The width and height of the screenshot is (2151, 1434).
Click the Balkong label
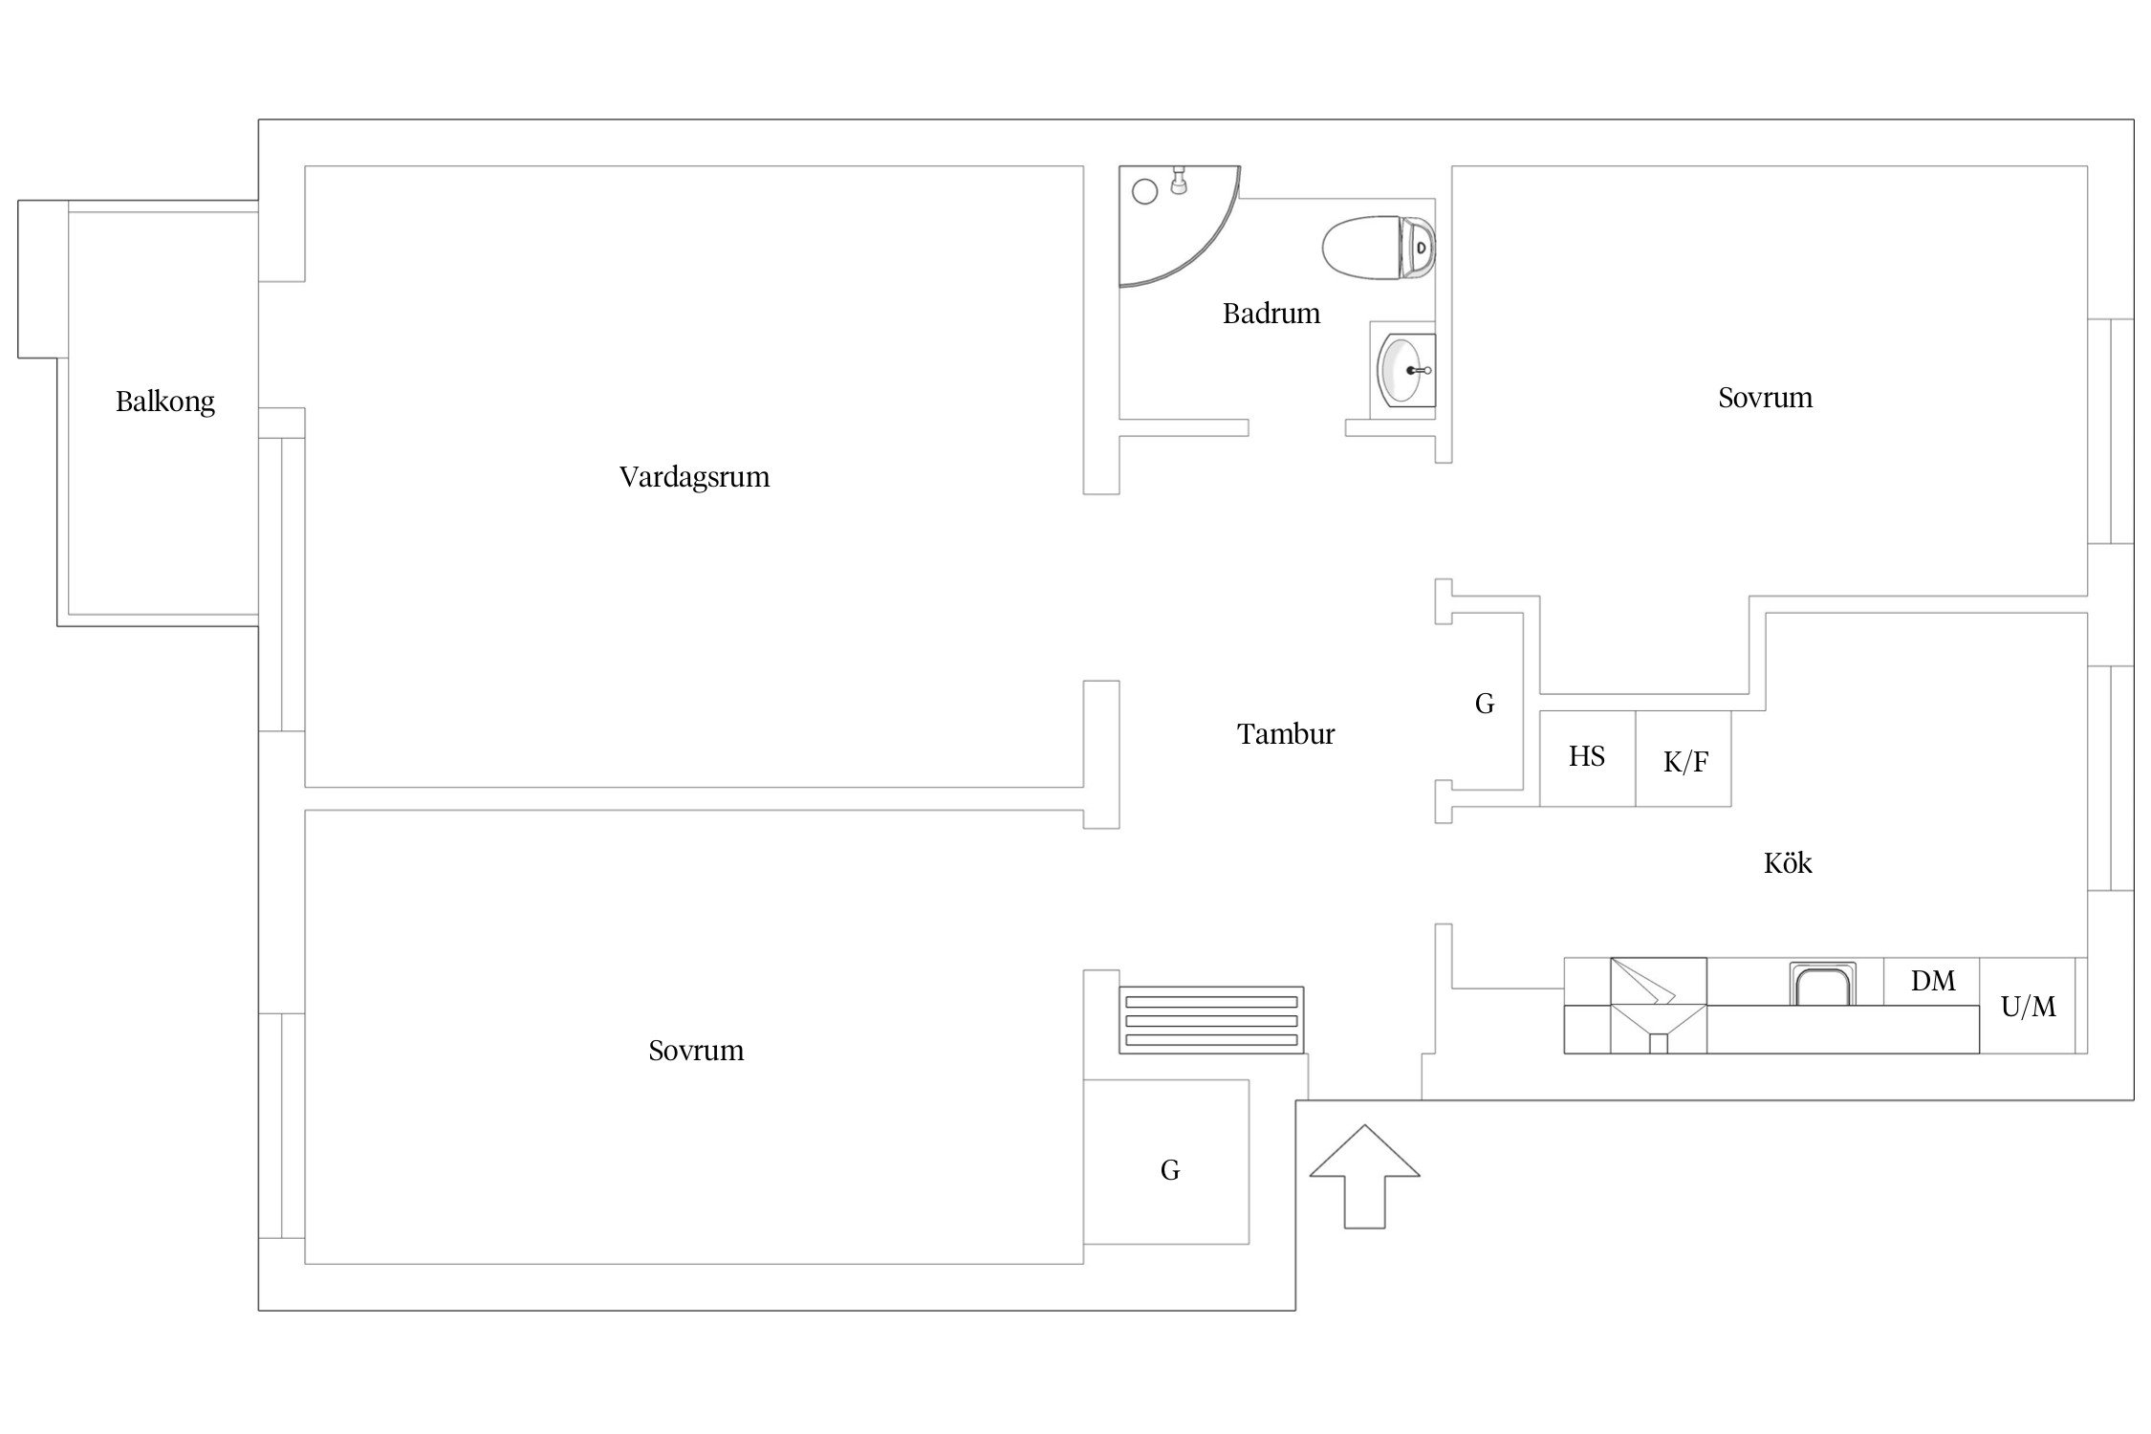(x=165, y=402)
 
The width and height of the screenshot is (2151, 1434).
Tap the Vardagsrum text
(x=694, y=477)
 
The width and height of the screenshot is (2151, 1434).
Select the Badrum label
(x=1271, y=314)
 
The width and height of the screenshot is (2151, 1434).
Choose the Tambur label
(x=1286, y=734)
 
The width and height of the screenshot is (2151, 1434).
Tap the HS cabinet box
(x=1587, y=758)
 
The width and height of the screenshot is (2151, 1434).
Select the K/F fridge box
(x=1684, y=758)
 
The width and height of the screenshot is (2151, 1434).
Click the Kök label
(x=1788, y=863)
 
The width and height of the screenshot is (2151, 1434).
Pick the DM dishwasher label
(x=1933, y=981)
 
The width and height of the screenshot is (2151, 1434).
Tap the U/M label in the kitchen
(x=2029, y=1007)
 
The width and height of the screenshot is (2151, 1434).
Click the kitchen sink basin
(x=1822, y=984)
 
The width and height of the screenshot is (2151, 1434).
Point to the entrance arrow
(x=1364, y=1176)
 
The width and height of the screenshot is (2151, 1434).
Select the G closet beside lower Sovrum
(x=1166, y=1162)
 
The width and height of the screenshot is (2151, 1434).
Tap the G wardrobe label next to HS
(x=1485, y=705)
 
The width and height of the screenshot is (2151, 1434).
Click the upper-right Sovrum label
(x=1765, y=398)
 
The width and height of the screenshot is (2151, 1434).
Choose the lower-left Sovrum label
(x=696, y=1051)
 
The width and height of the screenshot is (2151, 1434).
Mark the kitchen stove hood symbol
(x=1659, y=1006)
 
